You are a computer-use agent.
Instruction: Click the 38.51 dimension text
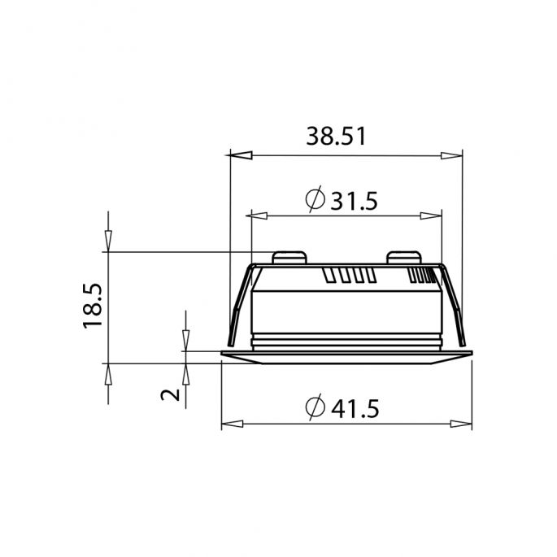(335, 137)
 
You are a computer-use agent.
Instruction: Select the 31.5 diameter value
(355, 200)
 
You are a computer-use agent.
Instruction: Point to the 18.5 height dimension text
(94, 306)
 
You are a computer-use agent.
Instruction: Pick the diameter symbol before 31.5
(315, 199)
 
